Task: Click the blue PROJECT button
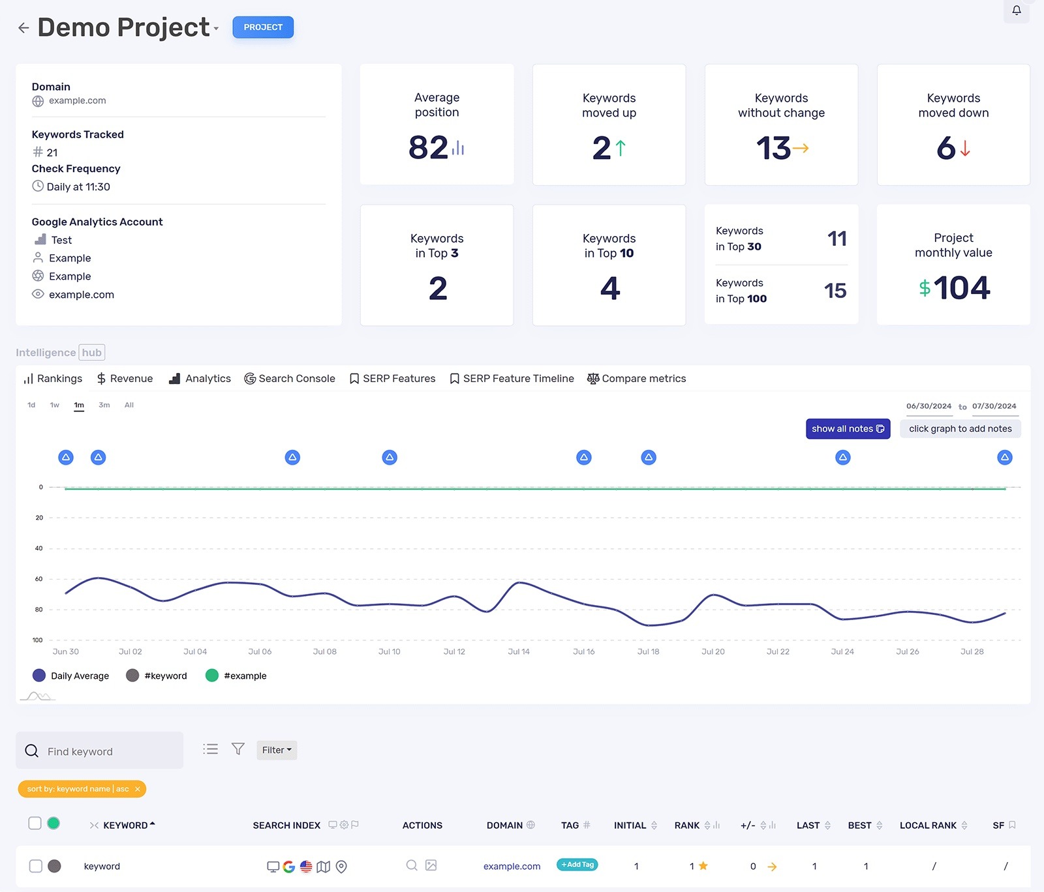(x=263, y=27)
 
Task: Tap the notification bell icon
(x=1016, y=10)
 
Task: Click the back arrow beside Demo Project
(x=23, y=27)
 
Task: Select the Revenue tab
(x=125, y=378)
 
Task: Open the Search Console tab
(x=290, y=378)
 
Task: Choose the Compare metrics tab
(x=636, y=378)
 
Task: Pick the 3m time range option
(x=104, y=405)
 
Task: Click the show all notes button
(x=848, y=428)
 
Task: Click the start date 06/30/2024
(x=929, y=406)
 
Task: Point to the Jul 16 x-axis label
(x=583, y=651)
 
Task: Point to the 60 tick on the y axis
(x=39, y=579)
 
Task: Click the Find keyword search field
(x=104, y=751)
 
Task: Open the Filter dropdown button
(x=277, y=750)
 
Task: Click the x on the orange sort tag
(x=138, y=789)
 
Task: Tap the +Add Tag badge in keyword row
(x=577, y=865)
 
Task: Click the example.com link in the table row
(x=512, y=866)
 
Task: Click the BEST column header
(x=860, y=825)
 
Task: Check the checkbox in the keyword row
(x=36, y=866)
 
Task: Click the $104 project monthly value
(x=954, y=288)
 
